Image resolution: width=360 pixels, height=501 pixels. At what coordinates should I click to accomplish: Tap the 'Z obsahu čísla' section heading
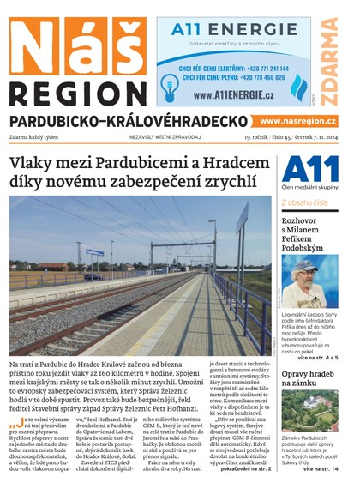[x=304, y=203]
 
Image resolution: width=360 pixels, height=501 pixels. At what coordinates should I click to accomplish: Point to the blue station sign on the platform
[x=94, y=251]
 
